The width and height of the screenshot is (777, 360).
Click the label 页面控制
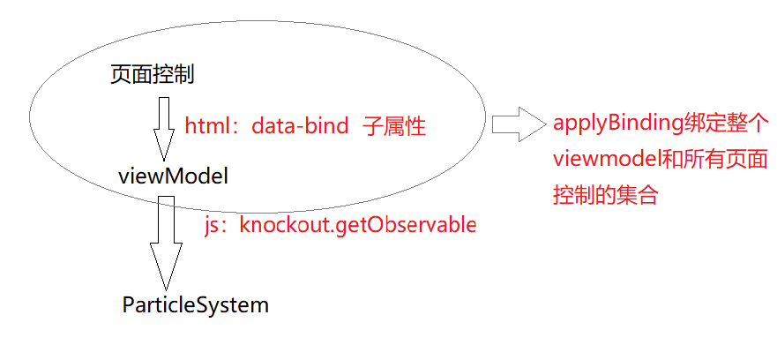pos(152,75)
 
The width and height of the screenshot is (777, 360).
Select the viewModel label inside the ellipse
pos(173,176)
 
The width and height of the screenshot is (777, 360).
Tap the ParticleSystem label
pos(195,305)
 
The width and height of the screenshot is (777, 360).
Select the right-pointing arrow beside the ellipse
pos(519,124)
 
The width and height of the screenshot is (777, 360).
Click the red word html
pos(205,126)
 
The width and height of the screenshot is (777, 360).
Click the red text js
pos(213,225)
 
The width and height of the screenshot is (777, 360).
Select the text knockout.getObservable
pos(358,225)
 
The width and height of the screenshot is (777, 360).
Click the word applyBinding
pos(618,123)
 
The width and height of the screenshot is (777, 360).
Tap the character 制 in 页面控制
pos(184,75)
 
